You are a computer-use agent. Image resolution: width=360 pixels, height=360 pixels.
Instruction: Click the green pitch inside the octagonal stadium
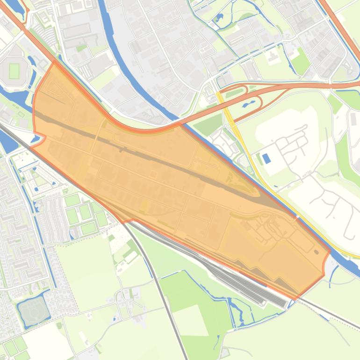14,71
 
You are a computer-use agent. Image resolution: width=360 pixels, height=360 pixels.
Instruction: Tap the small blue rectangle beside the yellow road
266,158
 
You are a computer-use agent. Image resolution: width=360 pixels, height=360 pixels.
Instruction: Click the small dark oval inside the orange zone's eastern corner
316,252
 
